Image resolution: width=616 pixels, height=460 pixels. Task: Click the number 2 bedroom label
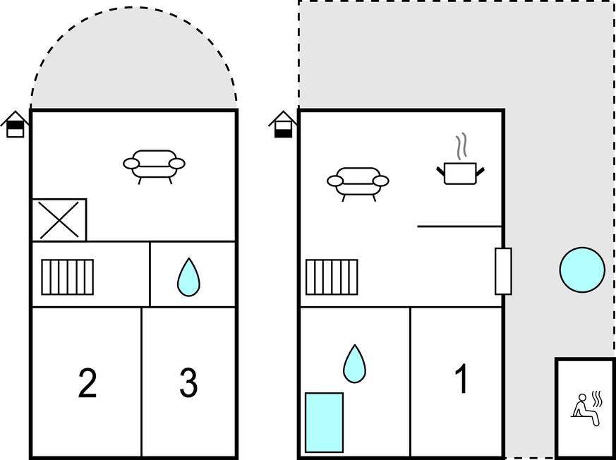pos(87,383)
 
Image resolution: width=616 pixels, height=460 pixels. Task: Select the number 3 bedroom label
pos(188,383)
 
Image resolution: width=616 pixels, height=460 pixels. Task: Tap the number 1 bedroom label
pos(462,378)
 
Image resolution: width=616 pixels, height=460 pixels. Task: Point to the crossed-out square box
pos(59,219)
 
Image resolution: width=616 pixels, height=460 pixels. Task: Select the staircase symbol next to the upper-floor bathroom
pos(68,277)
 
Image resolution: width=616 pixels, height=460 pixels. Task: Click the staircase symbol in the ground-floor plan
pos(332,277)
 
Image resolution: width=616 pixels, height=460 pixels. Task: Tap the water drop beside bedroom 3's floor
pos(188,277)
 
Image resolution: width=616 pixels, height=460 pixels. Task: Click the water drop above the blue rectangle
pos(354,364)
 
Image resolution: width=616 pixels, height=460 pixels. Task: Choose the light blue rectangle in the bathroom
pos(324,423)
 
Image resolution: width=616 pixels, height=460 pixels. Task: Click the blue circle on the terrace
pos(582,270)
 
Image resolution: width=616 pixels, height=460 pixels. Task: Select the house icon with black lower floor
pos(283,124)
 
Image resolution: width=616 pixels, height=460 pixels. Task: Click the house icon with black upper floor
pos(16,124)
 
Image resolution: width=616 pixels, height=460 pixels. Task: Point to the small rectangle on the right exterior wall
pos(503,271)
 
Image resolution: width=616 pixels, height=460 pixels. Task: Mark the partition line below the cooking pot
pos(459,226)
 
